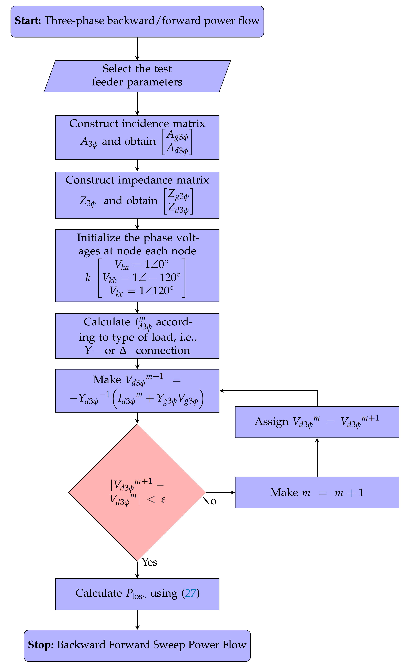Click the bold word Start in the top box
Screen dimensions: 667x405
(28, 21)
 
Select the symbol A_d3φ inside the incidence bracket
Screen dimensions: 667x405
(177, 149)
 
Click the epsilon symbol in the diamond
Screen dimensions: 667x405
(163, 499)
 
